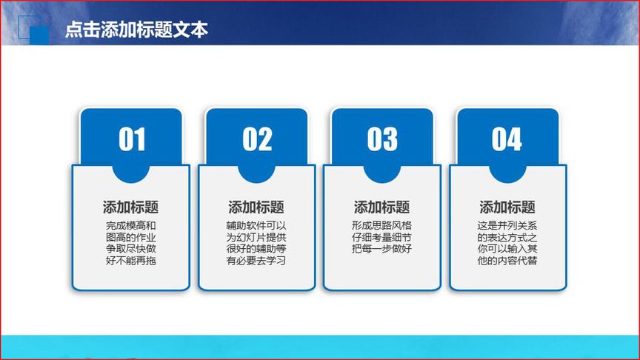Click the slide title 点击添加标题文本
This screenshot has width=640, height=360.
[x=136, y=30]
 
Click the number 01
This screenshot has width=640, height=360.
[x=132, y=140]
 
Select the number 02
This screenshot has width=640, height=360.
[x=257, y=140]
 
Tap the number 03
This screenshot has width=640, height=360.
[x=382, y=140]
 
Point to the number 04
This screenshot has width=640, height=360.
[x=507, y=140]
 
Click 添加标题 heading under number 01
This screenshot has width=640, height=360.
[x=130, y=207]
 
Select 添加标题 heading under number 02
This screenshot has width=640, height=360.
[x=256, y=207]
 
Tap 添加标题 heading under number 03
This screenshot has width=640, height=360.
[x=381, y=207]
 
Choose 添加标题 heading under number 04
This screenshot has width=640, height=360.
[x=507, y=207]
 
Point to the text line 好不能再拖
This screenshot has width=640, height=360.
[x=130, y=261]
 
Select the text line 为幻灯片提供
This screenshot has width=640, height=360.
[x=256, y=238]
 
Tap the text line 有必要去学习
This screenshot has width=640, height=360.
[x=256, y=261]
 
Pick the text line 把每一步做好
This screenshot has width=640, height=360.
[x=381, y=249]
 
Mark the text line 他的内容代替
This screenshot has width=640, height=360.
[x=507, y=261]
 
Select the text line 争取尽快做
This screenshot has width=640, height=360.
[x=130, y=249]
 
